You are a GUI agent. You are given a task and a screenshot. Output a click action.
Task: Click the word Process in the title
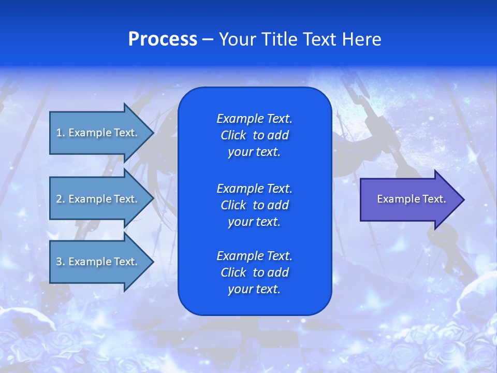[x=163, y=39]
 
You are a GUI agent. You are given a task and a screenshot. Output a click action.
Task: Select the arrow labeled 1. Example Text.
[x=98, y=133]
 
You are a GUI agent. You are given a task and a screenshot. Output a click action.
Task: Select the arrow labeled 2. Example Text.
[x=98, y=199]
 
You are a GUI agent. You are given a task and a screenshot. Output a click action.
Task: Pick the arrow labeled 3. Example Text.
[x=98, y=262]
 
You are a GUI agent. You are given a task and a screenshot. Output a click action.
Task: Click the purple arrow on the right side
[x=409, y=199]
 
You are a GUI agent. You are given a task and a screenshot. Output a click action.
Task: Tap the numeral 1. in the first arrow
[x=61, y=133]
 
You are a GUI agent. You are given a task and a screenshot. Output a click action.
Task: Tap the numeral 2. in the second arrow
[x=61, y=199]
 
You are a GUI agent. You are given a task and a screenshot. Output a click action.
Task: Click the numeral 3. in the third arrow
[x=61, y=262]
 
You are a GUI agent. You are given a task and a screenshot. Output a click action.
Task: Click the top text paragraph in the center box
[x=254, y=135]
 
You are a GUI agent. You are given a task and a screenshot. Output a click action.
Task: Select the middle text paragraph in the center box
[x=254, y=205]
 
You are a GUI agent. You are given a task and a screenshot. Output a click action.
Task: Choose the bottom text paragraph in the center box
[x=254, y=272]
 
